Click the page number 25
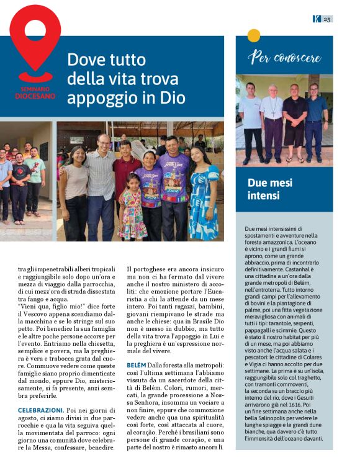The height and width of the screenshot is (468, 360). [327, 19]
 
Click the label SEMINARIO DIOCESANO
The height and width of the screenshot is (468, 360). [35, 93]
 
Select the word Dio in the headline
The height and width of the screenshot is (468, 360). [172, 97]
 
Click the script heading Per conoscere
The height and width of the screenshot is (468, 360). [284, 58]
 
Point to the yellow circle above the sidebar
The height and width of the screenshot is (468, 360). [253, 35]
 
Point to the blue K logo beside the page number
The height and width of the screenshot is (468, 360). [316, 19]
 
